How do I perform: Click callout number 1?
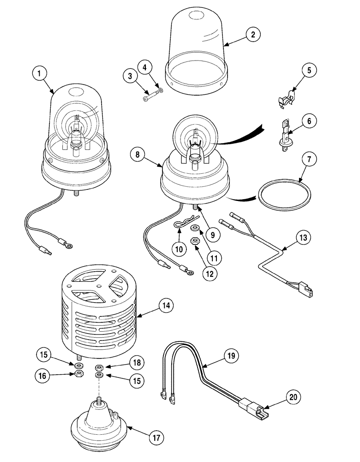click(x=40, y=73)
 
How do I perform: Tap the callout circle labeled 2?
click(x=252, y=34)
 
